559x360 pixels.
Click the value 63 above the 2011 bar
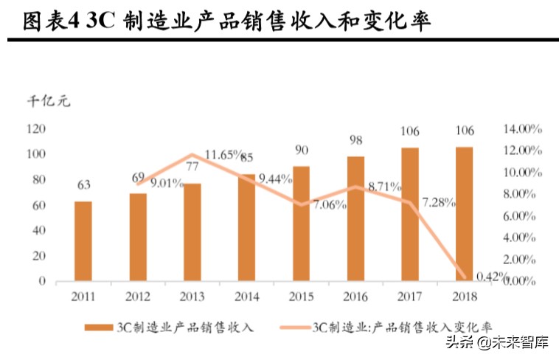[x=83, y=184]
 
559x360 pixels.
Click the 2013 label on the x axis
[x=192, y=297]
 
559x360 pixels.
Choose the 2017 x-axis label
[x=410, y=297]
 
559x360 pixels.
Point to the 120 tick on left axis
[x=36, y=128]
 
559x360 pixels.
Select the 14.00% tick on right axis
[x=522, y=128]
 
